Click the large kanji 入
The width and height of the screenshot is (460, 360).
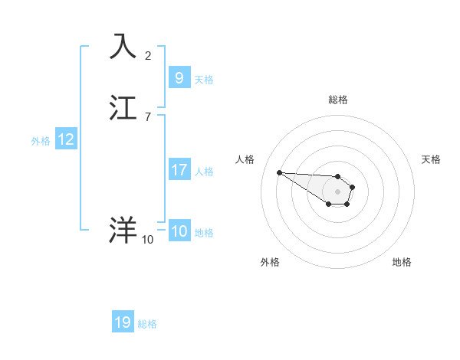pos(123,46)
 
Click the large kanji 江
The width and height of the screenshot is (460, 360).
pos(123,108)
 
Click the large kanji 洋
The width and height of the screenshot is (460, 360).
pos(123,230)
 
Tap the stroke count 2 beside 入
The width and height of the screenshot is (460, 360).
pos(148,55)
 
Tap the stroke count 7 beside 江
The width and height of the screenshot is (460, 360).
pos(148,117)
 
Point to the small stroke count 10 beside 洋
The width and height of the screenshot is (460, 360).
pos(147,240)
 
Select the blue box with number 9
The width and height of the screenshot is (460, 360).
pos(179,78)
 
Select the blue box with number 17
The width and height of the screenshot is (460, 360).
pos(179,170)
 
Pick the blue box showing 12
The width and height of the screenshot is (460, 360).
pos(66,139)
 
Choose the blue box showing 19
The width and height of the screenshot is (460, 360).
pos(123,322)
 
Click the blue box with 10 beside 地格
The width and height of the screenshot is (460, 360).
pos(179,231)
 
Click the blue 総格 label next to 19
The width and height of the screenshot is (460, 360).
pos(147,324)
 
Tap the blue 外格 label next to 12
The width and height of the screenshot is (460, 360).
pos(41,141)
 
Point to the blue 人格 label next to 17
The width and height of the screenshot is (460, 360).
pos(205,172)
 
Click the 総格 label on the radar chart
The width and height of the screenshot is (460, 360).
pos(338,100)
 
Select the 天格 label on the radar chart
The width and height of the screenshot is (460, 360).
pos(431,159)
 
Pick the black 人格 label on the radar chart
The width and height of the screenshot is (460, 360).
pos(245,159)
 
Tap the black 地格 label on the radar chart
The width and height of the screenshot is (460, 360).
pos(402,262)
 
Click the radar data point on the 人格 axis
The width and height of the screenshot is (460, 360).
pos(279,172)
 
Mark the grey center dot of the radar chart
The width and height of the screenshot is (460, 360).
pos(338,191)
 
